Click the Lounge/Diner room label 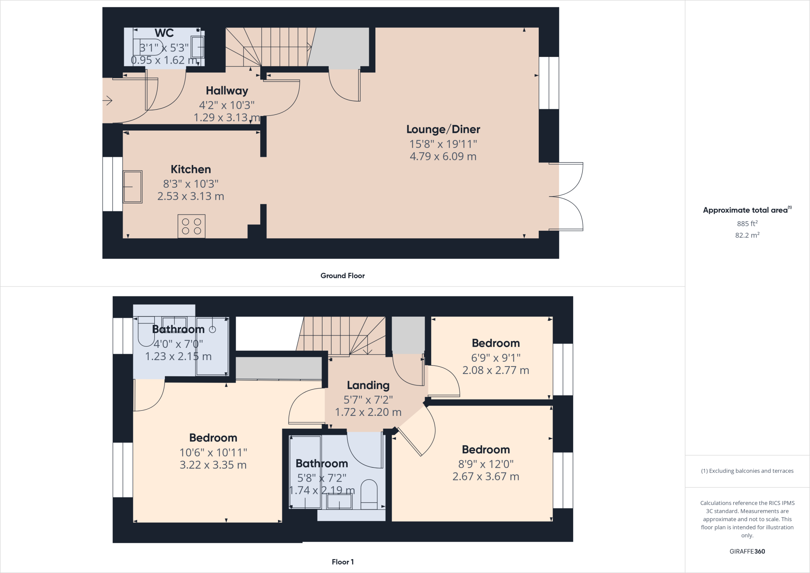(443, 129)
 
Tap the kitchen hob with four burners (191, 226)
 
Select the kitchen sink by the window (132, 187)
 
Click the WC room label (164, 33)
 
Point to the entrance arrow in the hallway (108, 101)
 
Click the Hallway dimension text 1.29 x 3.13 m (227, 118)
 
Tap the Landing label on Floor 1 (368, 385)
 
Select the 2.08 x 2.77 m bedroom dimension (496, 370)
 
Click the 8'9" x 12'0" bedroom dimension (486, 464)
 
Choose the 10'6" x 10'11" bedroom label (213, 438)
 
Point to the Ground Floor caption (343, 276)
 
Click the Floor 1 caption (343, 562)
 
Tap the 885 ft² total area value (747, 224)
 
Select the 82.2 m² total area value (747, 235)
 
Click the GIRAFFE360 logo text (747, 551)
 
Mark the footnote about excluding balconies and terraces (747, 471)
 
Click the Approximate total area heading (747, 210)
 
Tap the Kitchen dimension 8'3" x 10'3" (191, 184)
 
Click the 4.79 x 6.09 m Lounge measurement (443, 157)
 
